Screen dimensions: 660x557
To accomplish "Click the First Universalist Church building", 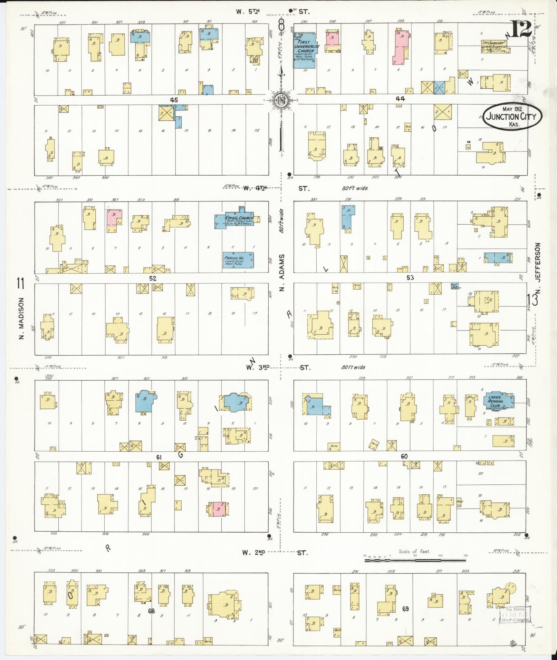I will point(304,50).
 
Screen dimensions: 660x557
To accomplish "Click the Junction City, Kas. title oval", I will point(512,117).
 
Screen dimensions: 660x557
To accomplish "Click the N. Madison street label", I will point(21,318).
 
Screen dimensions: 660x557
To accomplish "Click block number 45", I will point(174,100).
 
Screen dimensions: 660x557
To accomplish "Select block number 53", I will point(410,278).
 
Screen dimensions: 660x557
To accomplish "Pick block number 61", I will point(159,457).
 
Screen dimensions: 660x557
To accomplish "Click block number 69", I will point(405,609).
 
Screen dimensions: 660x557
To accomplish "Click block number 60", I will point(404,456).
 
